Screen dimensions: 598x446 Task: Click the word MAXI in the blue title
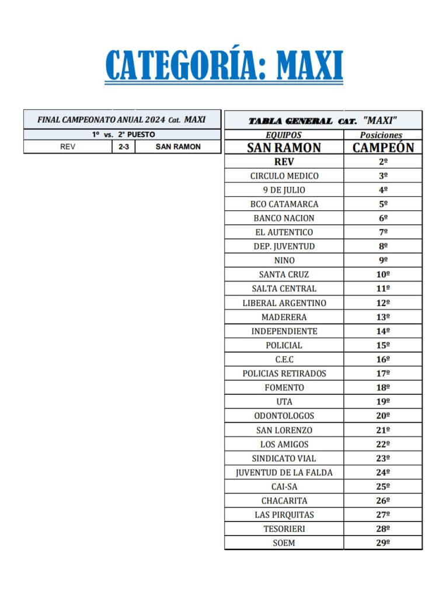(x=309, y=65)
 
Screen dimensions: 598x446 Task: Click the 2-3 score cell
(x=123, y=147)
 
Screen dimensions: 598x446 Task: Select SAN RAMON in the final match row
(x=177, y=147)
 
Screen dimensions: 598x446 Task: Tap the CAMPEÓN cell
(x=383, y=148)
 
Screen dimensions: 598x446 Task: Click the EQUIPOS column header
(x=284, y=135)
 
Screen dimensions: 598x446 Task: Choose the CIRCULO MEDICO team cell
(x=284, y=176)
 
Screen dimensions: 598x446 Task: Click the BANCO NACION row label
(x=284, y=218)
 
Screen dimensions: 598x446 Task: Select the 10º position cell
(x=383, y=274)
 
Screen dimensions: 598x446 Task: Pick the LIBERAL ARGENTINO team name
(x=284, y=303)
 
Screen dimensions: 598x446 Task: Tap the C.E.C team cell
(x=284, y=360)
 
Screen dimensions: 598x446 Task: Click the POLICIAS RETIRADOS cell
(x=284, y=374)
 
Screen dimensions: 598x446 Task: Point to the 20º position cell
(x=383, y=416)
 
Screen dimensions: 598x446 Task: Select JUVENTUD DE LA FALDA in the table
(x=284, y=472)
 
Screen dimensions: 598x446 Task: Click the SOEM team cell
(x=284, y=543)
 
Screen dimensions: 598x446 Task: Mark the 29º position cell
(x=383, y=543)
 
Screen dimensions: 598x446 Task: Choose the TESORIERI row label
(x=284, y=529)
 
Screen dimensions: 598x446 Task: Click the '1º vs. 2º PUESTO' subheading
(x=123, y=134)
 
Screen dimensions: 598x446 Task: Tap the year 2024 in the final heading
(x=155, y=120)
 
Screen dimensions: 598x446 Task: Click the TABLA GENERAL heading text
(x=291, y=121)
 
